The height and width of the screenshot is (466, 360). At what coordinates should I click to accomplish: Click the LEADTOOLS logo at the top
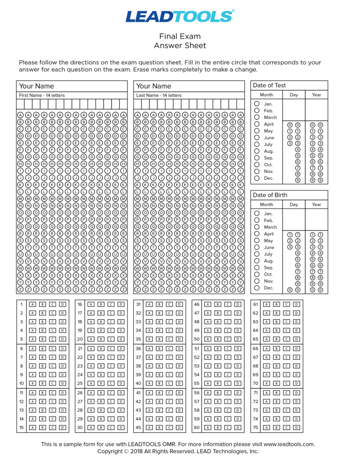(180, 16)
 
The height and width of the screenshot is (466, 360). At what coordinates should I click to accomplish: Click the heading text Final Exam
(180, 36)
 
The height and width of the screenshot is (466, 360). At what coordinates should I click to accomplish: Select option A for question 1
(32, 304)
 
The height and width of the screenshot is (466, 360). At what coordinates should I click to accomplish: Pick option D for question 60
(238, 427)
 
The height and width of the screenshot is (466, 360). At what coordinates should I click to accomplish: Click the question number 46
(197, 304)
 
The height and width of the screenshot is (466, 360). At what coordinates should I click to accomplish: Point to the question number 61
(256, 304)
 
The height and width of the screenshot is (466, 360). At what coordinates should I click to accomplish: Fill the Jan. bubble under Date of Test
(257, 104)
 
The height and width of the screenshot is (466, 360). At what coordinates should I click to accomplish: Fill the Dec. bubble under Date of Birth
(257, 288)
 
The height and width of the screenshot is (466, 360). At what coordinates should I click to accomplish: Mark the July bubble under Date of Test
(257, 144)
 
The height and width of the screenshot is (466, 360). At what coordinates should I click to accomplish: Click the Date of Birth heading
(270, 195)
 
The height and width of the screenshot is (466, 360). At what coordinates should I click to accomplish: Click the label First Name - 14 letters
(42, 95)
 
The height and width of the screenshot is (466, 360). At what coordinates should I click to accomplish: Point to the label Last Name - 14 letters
(159, 95)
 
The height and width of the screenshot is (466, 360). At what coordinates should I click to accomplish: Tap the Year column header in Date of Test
(316, 95)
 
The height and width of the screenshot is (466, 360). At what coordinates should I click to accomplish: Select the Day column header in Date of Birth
(294, 204)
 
